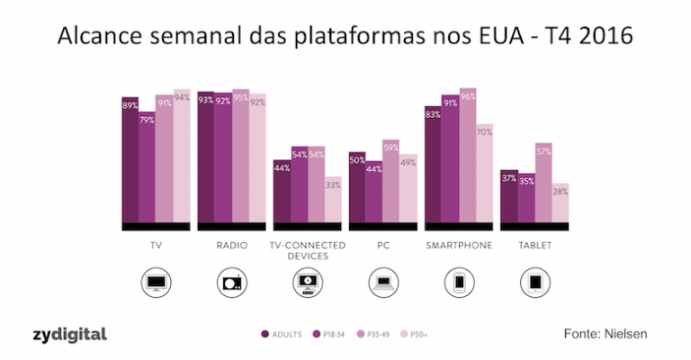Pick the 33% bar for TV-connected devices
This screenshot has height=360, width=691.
pos(333,199)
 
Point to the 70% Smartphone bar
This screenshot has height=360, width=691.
pos(484,173)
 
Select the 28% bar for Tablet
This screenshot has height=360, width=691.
pos(560,202)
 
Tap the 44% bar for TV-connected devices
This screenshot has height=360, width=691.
pos(282,191)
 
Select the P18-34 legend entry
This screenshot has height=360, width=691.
pos(332,336)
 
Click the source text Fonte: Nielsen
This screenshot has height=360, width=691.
pos(605,334)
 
